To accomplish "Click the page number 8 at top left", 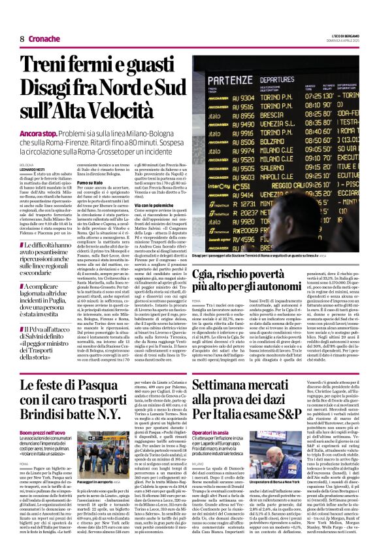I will pyautogui.click(x=22, y=39).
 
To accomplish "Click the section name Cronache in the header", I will pyautogui.click(x=44, y=39).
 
